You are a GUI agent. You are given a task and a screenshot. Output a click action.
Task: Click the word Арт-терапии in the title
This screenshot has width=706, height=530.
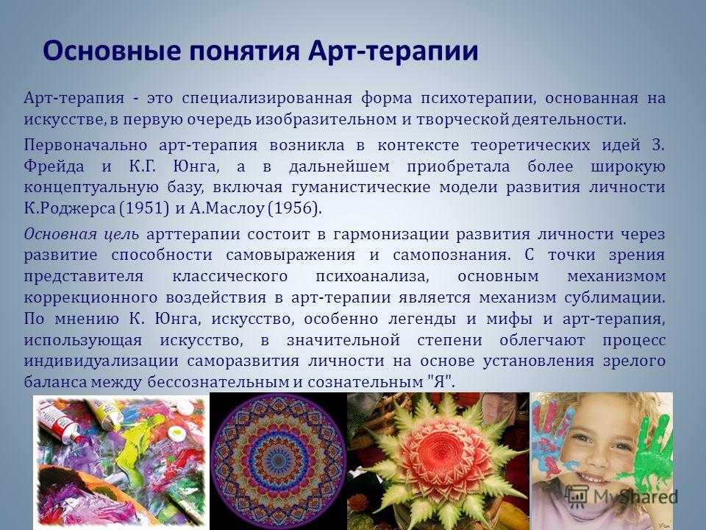click(x=393, y=50)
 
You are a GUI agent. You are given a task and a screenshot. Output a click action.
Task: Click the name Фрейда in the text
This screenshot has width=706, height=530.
click(x=54, y=167)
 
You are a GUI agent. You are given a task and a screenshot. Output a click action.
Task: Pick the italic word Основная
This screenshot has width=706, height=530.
click(x=60, y=234)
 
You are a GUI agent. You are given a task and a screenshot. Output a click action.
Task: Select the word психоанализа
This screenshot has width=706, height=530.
click(x=372, y=276)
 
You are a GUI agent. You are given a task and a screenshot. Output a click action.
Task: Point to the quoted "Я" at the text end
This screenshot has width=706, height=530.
click(x=438, y=382)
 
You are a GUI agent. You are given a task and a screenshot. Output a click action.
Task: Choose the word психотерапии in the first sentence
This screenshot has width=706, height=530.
click(x=478, y=98)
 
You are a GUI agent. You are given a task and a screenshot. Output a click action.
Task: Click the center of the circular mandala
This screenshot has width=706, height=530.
click(x=278, y=461)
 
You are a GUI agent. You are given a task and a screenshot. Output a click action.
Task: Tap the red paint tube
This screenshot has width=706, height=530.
click(x=60, y=421)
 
